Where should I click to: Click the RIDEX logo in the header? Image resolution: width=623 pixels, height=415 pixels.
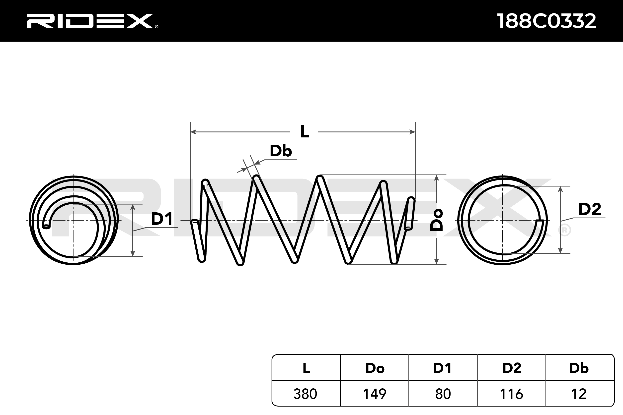91,21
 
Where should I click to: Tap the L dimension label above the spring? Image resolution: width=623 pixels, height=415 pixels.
304,131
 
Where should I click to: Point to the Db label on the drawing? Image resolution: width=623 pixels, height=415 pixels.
281,151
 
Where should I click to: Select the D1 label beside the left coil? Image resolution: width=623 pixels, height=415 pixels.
161,219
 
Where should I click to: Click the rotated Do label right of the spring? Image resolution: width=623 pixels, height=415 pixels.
436,219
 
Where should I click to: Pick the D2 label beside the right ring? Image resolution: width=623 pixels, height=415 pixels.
589,209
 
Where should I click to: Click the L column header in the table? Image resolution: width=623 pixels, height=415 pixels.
306,368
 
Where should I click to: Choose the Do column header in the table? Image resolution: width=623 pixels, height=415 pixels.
375,368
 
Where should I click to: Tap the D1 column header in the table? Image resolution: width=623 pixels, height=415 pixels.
443,368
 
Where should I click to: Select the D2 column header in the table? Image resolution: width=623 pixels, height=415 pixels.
512,368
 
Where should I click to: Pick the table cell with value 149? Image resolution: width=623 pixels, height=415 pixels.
375,394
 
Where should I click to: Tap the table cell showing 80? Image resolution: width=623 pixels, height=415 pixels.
443,394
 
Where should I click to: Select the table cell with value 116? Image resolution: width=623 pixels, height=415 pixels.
512,394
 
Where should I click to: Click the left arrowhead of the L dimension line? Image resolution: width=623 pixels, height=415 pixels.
193,132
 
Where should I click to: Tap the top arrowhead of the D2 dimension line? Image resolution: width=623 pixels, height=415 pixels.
560,189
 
